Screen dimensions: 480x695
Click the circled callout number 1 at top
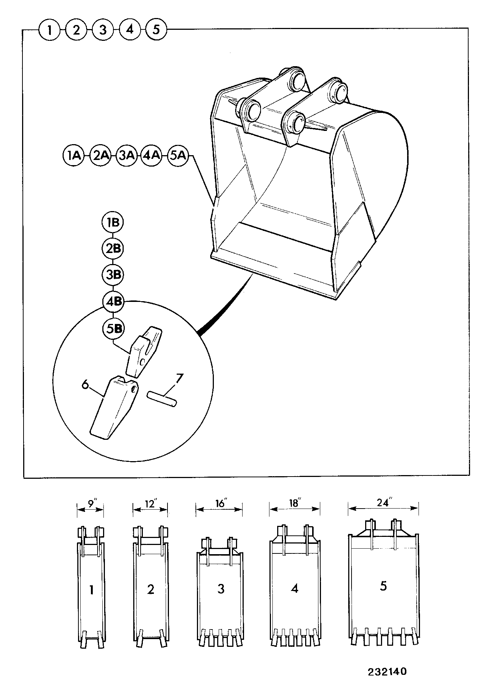[x=49, y=29]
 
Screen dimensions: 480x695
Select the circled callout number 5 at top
[x=156, y=29]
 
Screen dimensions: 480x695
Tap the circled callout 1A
[x=74, y=156]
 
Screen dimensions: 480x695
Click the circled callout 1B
[x=113, y=222]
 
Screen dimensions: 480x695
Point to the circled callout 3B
[x=113, y=275]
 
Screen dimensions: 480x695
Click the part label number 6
[x=85, y=384]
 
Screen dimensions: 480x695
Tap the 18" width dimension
[x=294, y=506]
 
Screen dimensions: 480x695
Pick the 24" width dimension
[x=383, y=505]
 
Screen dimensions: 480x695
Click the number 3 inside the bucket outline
[x=221, y=589]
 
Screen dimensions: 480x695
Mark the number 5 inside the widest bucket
[x=383, y=586]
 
